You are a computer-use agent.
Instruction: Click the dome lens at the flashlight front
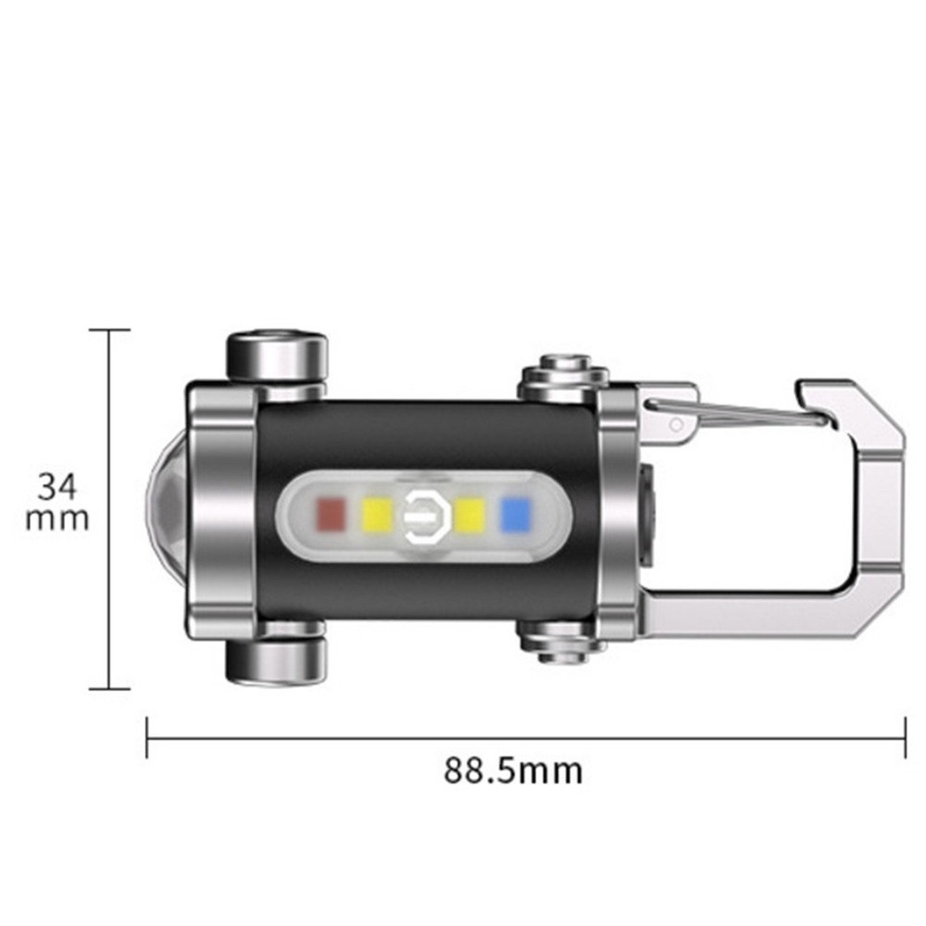[167, 509]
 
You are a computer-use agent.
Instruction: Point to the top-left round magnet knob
[277, 353]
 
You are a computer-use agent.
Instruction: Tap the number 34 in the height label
[57, 485]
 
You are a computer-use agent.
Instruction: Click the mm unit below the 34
[57, 519]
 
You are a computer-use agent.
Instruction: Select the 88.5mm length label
[513, 770]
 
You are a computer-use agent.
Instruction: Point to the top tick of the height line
[110, 330]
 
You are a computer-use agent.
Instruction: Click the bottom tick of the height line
[110, 689]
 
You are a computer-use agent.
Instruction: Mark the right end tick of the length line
[904, 737]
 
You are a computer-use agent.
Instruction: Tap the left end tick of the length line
[148, 737]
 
